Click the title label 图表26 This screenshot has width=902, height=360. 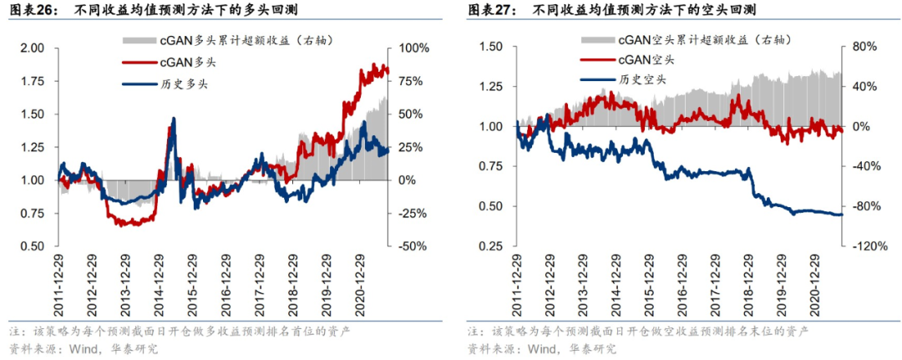[x=32, y=11]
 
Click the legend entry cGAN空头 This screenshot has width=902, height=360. [x=644, y=59]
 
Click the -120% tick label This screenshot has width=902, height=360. [x=869, y=246]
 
